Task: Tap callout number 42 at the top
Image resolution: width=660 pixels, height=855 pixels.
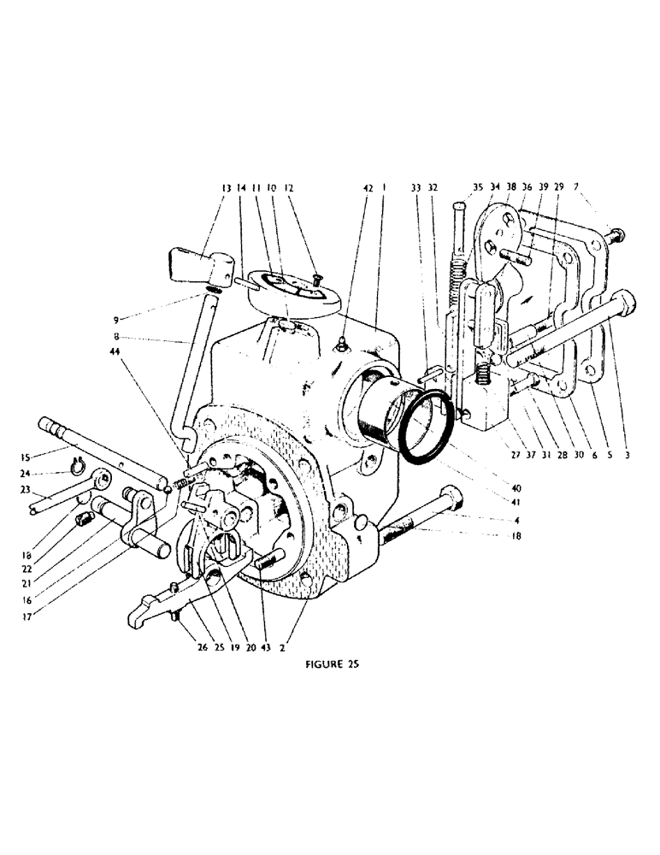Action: (x=368, y=188)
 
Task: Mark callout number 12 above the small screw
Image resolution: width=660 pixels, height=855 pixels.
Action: (x=289, y=188)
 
